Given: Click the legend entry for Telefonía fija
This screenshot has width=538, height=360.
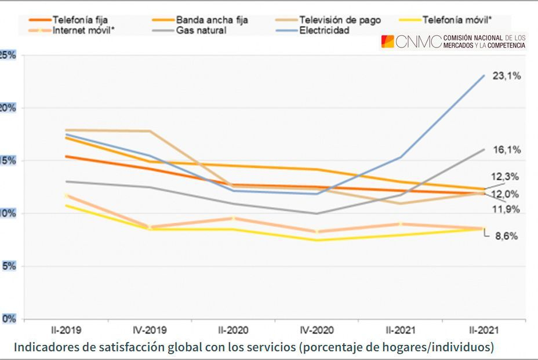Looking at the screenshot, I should click(x=79, y=20).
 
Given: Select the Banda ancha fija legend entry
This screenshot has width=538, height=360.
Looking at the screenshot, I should click(x=212, y=20).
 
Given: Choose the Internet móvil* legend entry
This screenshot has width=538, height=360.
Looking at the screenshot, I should click(x=83, y=30).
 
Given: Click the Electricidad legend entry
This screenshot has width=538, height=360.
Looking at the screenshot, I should click(x=324, y=30).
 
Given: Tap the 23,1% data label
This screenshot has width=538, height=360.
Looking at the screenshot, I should click(x=507, y=76).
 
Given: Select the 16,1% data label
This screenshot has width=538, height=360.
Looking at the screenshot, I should click(x=507, y=150).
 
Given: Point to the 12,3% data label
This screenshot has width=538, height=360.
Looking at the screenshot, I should click(x=504, y=177).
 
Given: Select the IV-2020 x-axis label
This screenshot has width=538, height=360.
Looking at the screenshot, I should click(x=317, y=330).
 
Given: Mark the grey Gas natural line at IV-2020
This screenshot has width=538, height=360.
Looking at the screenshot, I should click(x=317, y=213).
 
